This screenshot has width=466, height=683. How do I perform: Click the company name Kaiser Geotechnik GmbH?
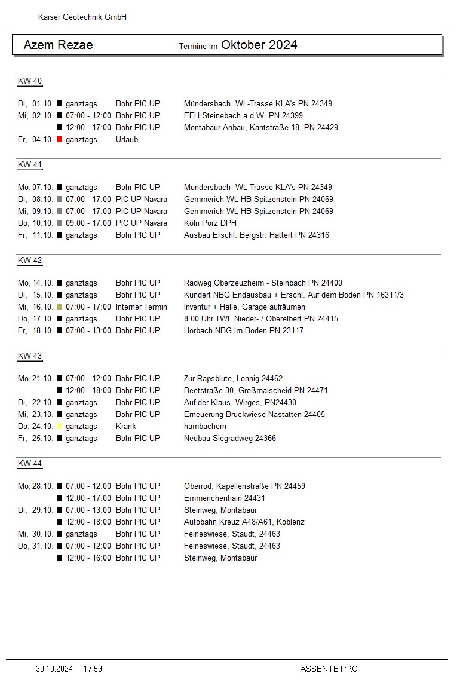click(82, 17)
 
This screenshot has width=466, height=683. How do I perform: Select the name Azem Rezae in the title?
click(58, 45)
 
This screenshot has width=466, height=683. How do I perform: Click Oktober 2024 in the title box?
click(259, 45)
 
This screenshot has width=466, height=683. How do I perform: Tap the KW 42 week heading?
click(30, 261)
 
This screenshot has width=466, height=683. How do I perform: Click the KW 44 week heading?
click(30, 464)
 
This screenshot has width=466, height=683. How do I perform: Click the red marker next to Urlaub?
click(60, 140)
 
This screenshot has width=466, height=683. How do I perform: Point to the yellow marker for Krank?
click(60, 427)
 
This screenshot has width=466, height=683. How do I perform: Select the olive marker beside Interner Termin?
click(60, 307)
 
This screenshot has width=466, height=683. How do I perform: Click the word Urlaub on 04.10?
click(127, 140)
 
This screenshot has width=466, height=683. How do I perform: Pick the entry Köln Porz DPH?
click(210, 223)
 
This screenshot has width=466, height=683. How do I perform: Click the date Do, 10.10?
click(36, 223)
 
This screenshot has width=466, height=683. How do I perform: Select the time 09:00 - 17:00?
click(88, 223)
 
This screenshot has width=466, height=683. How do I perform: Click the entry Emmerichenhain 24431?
click(225, 498)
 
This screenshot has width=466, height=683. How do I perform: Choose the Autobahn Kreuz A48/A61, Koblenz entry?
click(244, 522)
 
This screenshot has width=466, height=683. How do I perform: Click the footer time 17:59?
click(93, 669)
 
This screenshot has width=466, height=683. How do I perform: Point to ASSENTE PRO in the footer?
click(329, 669)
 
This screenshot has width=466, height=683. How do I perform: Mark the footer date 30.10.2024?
click(54, 669)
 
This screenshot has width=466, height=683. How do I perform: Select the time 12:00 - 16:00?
click(88, 558)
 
